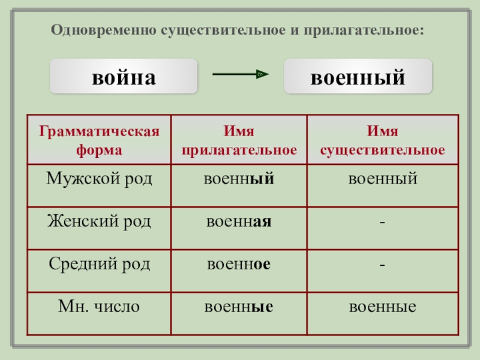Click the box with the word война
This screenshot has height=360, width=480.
pos(124,77)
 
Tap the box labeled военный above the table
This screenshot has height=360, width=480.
pos(358,77)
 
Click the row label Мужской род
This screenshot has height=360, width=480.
pos(100,179)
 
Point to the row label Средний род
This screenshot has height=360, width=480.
pos(100,264)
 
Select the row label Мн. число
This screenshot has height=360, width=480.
pos(100,307)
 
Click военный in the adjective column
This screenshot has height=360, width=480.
pos(239,179)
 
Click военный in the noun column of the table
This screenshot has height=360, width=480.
pos(383,179)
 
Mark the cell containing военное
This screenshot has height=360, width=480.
pos(239,264)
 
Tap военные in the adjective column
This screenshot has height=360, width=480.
pos(239,307)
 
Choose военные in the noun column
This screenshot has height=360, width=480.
pos(383,307)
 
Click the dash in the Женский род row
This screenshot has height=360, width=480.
pos(383,222)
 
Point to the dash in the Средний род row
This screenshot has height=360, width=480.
pos(383,265)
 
